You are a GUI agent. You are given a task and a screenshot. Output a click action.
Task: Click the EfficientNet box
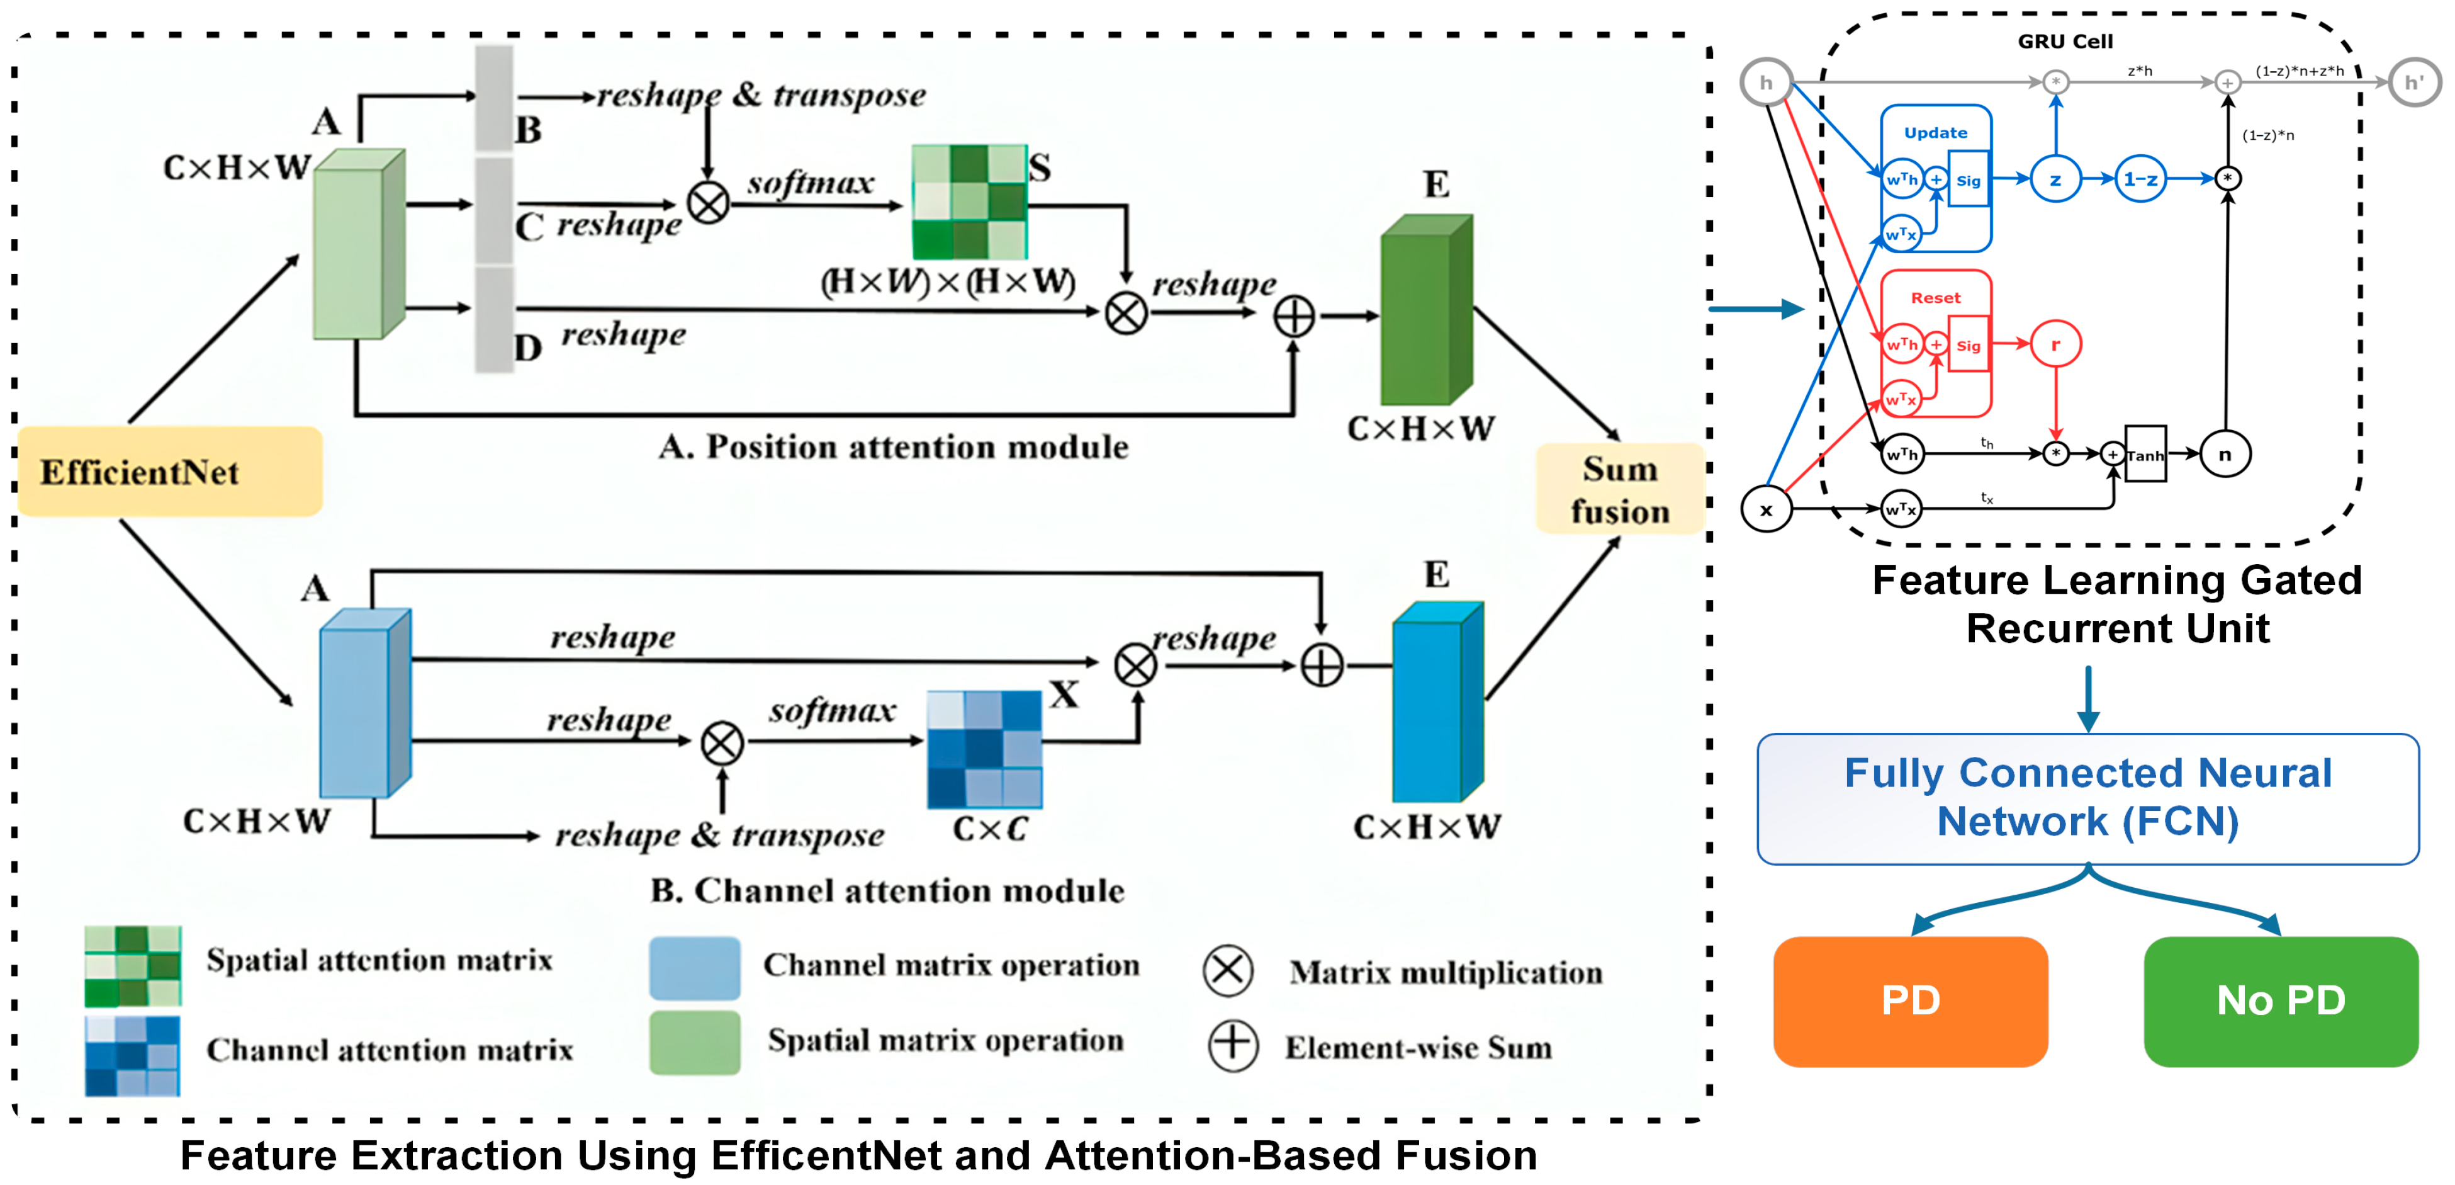coord(170,472)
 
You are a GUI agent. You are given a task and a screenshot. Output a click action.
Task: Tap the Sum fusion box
coord(1619,489)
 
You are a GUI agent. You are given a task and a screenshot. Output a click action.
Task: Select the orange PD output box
coord(1910,1001)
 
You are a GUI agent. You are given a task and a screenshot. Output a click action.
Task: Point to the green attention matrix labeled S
coord(969,202)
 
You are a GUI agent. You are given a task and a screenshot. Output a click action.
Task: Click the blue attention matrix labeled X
coord(984,749)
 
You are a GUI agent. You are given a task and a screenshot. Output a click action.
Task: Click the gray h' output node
coord(2413,83)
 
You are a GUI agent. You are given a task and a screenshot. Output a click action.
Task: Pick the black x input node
coord(1766,509)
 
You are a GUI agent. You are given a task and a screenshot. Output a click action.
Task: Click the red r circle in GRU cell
coord(2055,344)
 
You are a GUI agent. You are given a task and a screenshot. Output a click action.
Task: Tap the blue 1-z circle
coord(2140,179)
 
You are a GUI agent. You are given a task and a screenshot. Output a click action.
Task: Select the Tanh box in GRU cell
coord(2145,455)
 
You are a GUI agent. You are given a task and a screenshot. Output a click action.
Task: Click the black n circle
coord(2225,455)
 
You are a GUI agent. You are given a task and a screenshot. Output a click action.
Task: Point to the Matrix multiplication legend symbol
coord(1227,970)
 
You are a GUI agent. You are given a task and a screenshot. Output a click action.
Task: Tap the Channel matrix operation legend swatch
coord(695,967)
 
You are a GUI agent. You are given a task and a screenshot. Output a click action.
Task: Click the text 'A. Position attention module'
coord(893,447)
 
